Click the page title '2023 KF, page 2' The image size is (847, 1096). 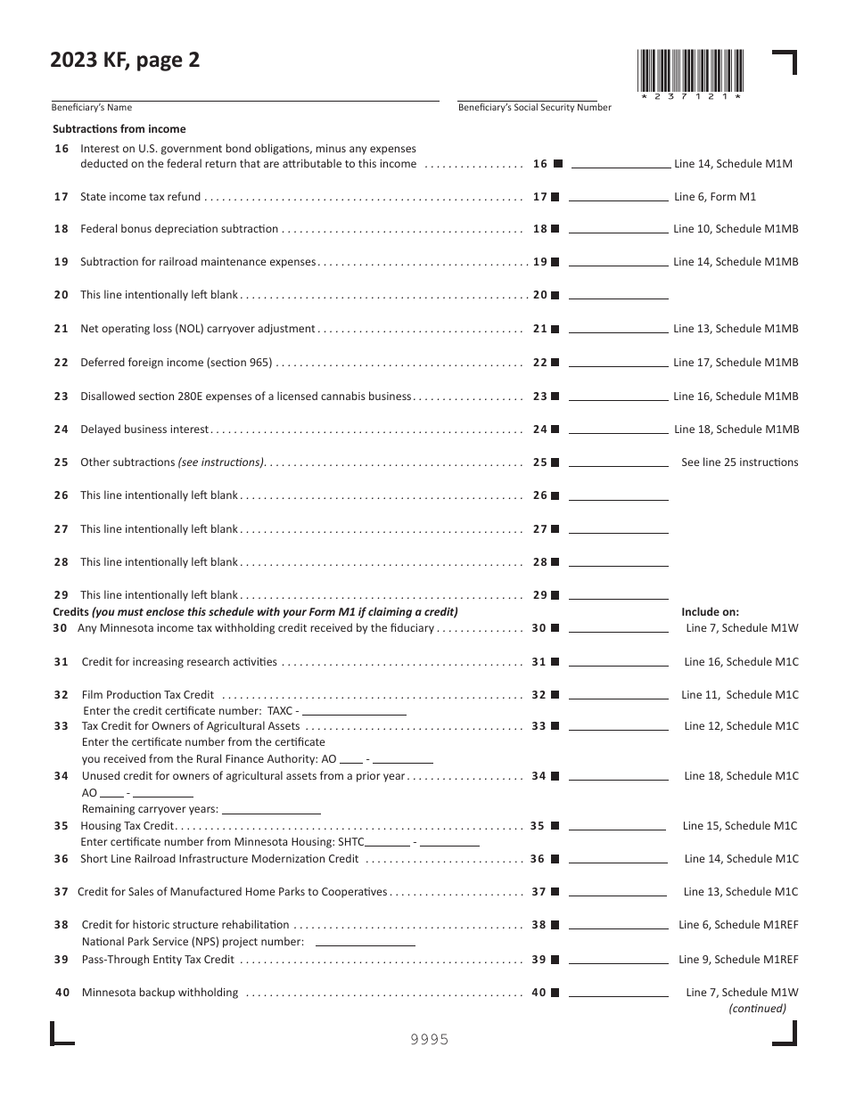pyautogui.click(x=126, y=61)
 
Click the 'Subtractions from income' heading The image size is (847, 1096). pyautogui.click(x=119, y=129)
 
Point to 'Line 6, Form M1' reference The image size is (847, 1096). pyautogui.click(x=714, y=197)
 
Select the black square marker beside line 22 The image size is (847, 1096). pyautogui.click(x=555, y=364)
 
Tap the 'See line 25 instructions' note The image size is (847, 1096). pyautogui.click(x=739, y=462)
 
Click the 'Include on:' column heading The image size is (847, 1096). pyautogui.click(x=710, y=612)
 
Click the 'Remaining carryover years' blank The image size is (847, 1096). pyautogui.click(x=271, y=810)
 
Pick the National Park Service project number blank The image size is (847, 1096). pyautogui.click(x=366, y=941)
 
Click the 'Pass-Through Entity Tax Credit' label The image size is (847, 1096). pyautogui.click(x=158, y=960)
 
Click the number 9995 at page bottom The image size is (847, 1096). pyautogui.click(x=429, y=1039)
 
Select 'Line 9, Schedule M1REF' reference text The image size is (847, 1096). pyautogui.click(x=738, y=960)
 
